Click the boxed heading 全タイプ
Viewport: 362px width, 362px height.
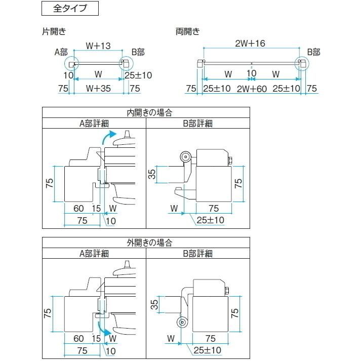coord(69,9)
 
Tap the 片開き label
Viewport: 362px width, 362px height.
coord(54,31)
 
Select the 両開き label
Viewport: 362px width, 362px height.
coord(188,31)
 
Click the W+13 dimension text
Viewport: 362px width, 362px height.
coord(98,46)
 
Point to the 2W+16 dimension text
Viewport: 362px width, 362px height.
coord(251,44)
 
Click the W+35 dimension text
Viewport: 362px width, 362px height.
coord(98,89)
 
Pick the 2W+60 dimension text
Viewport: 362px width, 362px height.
coord(251,89)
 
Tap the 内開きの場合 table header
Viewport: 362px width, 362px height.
coord(146,112)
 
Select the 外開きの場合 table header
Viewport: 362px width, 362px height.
coord(146,243)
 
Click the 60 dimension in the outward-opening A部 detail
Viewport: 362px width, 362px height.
coord(78,338)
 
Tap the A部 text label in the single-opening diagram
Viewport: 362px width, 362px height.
coord(61,52)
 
